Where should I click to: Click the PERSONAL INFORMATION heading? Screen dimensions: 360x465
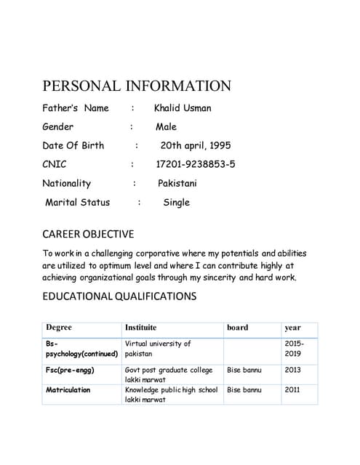(x=137, y=86)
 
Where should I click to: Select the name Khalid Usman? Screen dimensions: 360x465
(x=183, y=108)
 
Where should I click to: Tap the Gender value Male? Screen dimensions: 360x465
(x=166, y=126)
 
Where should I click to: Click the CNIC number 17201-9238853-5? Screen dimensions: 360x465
(x=196, y=164)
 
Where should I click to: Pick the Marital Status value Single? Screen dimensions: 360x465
(x=176, y=202)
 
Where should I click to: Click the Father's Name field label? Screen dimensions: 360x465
(x=76, y=108)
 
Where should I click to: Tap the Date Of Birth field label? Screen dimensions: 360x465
(x=73, y=145)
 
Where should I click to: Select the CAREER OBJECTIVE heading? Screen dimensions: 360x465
(x=88, y=234)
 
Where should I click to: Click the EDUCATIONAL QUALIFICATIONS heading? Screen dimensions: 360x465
(x=119, y=296)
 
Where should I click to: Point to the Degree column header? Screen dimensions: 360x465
(x=59, y=328)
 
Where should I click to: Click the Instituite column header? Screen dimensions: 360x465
(x=140, y=328)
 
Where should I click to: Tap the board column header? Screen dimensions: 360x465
(x=237, y=328)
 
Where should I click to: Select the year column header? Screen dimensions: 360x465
(x=292, y=328)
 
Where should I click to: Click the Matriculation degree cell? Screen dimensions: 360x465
(x=68, y=390)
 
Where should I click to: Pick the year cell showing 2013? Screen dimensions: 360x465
(x=292, y=371)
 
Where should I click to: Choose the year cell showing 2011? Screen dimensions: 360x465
(x=292, y=390)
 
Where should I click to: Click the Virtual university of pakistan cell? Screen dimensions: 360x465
(x=158, y=349)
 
